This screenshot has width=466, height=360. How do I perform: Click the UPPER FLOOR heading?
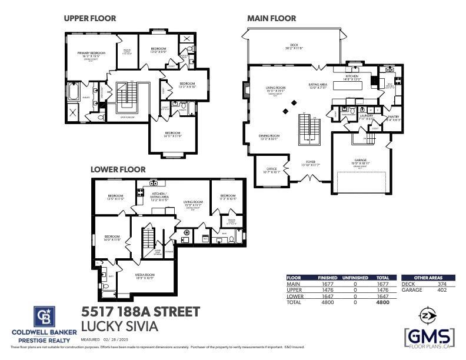(x=90, y=18)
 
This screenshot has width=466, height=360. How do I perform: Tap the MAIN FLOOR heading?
(x=271, y=18)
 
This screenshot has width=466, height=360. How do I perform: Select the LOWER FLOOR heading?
(x=118, y=169)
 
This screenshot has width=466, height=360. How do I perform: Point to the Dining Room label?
(x=269, y=136)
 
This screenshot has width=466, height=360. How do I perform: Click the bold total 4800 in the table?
(x=382, y=302)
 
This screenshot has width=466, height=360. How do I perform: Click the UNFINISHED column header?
(x=355, y=278)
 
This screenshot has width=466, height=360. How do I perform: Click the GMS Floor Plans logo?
(x=430, y=337)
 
